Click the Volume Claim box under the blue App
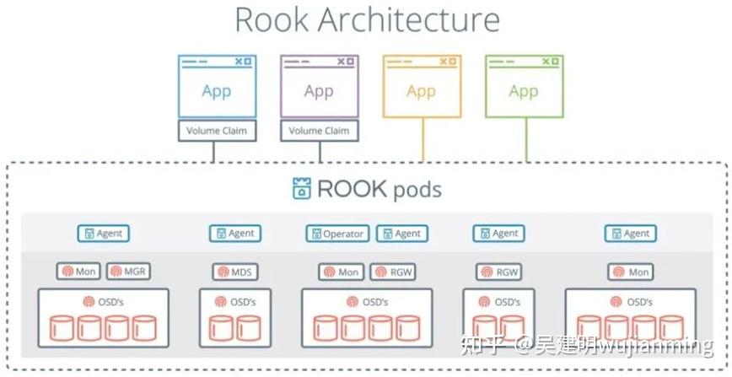coord(216,131)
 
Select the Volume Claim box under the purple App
coord(319,131)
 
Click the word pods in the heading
coord(417,189)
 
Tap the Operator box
coord(337,234)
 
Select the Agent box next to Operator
coord(401,234)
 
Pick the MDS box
coord(234,272)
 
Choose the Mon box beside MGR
coord(79,272)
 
